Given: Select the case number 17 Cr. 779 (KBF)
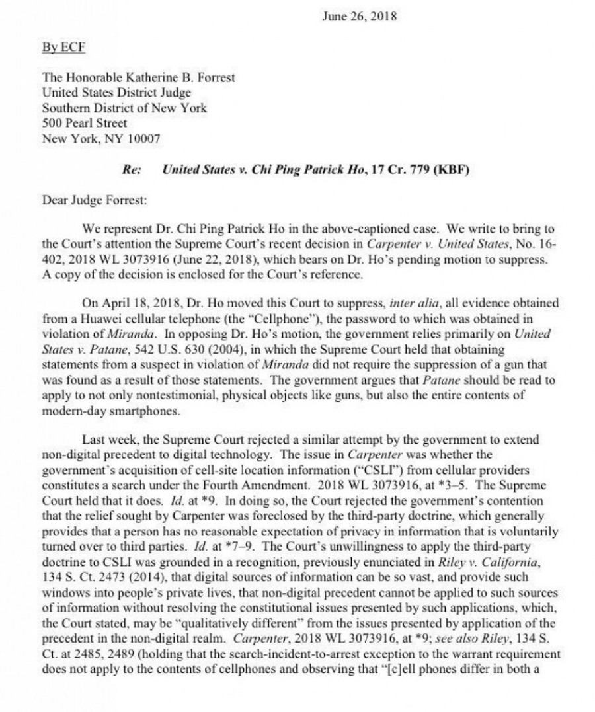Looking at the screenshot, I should point(413,171).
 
